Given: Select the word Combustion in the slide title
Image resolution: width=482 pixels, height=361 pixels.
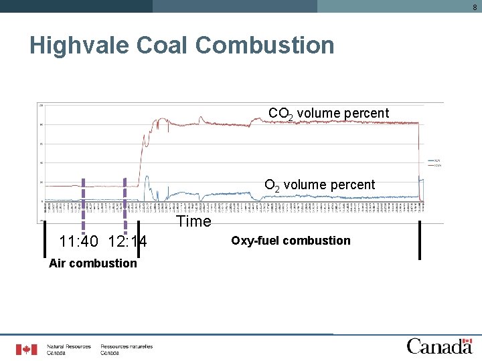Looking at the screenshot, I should [x=265, y=45].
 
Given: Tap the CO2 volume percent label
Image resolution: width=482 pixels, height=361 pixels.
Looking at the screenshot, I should [x=328, y=113].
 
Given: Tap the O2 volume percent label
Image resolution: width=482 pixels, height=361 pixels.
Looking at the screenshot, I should [x=319, y=185].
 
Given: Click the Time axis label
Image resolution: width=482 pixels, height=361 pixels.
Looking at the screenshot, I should [x=193, y=221].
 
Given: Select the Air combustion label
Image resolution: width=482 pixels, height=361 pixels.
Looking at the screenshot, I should [x=92, y=263].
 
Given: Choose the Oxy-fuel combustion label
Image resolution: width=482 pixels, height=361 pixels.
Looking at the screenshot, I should [x=291, y=240].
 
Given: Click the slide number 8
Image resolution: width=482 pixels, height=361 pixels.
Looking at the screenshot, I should [x=475, y=6].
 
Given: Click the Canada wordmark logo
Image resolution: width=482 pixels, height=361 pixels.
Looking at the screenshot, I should [x=439, y=346].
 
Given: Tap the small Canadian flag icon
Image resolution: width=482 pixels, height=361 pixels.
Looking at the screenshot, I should [x=27, y=349].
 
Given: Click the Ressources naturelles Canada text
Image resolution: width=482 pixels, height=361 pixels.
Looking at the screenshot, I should [x=127, y=349].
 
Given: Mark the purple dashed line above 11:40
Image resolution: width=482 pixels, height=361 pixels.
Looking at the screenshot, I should [x=83, y=201].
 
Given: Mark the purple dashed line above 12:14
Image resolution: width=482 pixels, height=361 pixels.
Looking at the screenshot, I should [x=125, y=201].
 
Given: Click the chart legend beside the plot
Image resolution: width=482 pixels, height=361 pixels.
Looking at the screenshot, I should [x=433, y=162].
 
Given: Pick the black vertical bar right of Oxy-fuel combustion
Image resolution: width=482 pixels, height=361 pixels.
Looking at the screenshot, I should [x=420, y=239].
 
